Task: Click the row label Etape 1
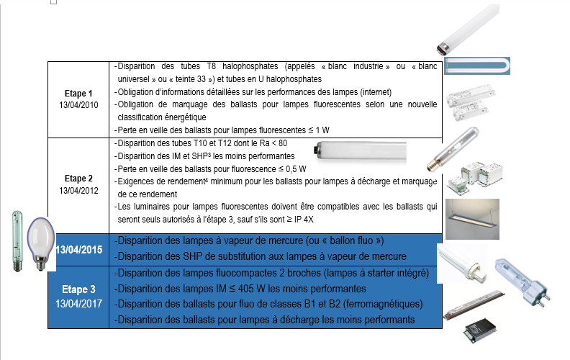pos(78,94)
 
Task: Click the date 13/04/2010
pos(78,104)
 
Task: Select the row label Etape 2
pos(78,178)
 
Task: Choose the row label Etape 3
pos(78,290)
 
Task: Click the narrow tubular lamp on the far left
pos(16,240)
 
